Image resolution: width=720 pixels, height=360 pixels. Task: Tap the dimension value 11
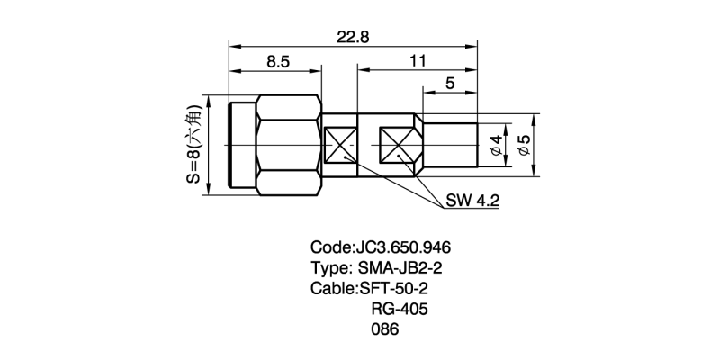coord(417,62)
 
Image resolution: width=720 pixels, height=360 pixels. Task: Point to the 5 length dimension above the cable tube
coord(449,84)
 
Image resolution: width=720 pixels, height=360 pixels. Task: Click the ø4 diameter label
coord(496,144)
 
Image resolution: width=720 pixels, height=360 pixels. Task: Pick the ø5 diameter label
coord(526,144)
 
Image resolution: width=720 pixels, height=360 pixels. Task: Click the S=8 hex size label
coord(193,144)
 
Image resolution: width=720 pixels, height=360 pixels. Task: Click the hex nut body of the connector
coord(289,144)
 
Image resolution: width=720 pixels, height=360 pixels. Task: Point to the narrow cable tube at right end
coord(450,144)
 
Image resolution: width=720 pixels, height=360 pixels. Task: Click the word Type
coord(329,268)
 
